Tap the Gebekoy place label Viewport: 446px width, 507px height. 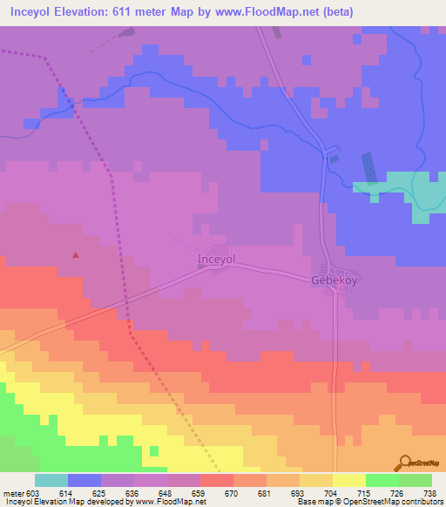click(x=334, y=281)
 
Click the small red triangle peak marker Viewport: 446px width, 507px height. click(x=76, y=255)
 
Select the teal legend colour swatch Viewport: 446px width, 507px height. click(x=51, y=480)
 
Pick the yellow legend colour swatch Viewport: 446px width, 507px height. click(x=349, y=480)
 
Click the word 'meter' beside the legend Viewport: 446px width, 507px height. click(x=13, y=493)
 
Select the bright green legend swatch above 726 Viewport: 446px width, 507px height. click(x=382, y=480)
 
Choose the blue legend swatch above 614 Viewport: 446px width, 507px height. click(x=84, y=480)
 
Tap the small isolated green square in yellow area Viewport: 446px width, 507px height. click(x=154, y=450)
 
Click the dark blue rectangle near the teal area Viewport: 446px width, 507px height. click(x=367, y=167)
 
